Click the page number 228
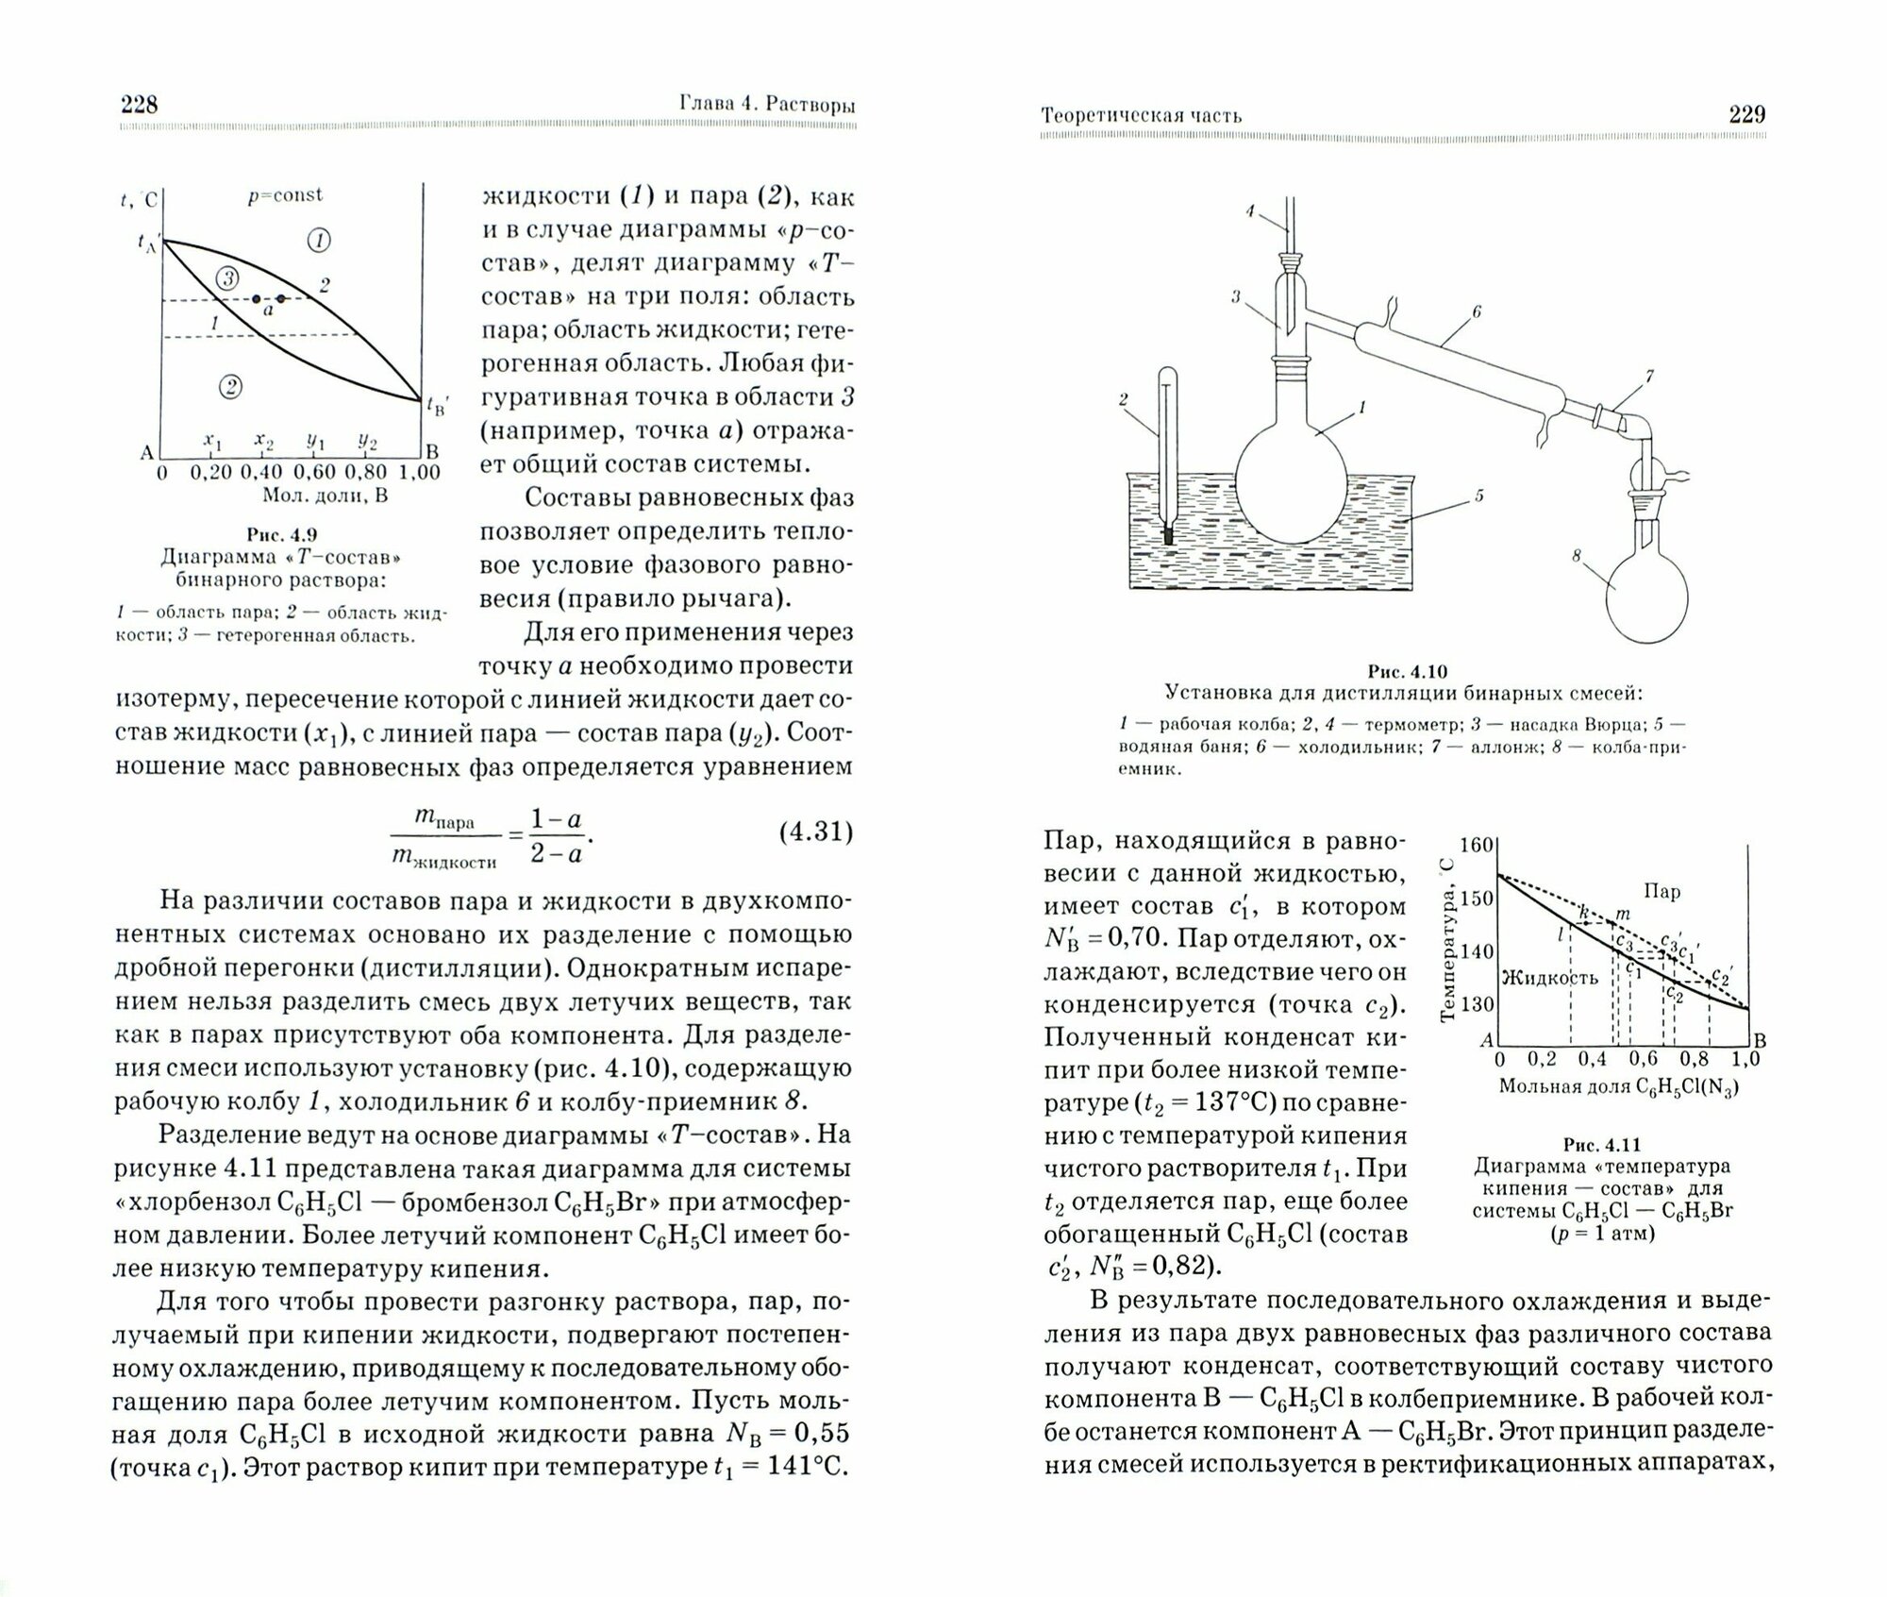(x=139, y=105)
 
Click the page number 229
(x=1746, y=115)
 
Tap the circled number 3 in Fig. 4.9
(x=227, y=277)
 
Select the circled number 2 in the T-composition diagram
(x=229, y=386)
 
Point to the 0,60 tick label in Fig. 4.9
(x=313, y=472)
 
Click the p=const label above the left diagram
(x=285, y=195)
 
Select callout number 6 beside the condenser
(x=1477, y=311)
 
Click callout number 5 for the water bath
(x=1478, y=495)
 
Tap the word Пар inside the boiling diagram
(x=1661, y=890)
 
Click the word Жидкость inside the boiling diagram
(x=1549, y=977)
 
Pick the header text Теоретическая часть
(x=1141, y=116)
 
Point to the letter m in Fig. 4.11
(x=1622, y=914)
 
